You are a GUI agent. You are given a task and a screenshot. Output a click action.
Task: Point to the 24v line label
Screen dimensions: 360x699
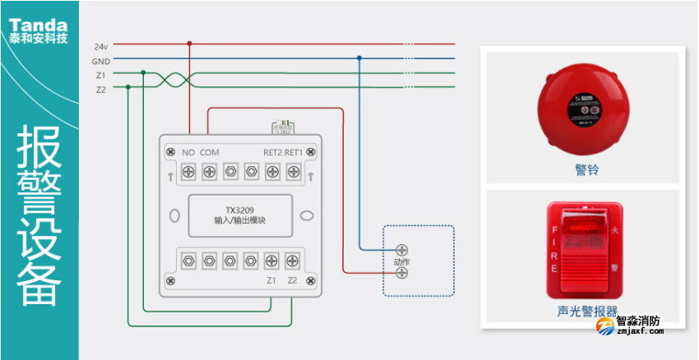101,46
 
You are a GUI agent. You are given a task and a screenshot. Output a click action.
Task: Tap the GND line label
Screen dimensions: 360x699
100,61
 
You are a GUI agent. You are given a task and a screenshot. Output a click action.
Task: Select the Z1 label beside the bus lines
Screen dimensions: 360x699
100,76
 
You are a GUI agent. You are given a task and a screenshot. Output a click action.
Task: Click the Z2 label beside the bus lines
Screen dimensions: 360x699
100,90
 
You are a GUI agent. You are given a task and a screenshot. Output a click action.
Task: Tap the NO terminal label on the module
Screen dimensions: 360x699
187,152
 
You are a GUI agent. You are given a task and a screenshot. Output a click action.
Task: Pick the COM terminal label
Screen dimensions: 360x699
209,152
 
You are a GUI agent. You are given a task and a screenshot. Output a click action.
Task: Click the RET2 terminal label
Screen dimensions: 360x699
273,152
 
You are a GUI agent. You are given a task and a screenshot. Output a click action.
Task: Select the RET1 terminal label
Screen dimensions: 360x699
294,152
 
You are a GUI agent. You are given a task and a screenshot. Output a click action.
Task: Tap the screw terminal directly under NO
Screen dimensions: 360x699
188,171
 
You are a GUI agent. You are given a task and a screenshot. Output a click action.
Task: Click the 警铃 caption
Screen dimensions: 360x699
586,170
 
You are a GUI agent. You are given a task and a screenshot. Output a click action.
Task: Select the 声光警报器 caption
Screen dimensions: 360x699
586,312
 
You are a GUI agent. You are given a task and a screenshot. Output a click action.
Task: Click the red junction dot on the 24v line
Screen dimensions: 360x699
190,44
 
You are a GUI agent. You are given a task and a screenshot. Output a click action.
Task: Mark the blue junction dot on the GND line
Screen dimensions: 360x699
359,58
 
